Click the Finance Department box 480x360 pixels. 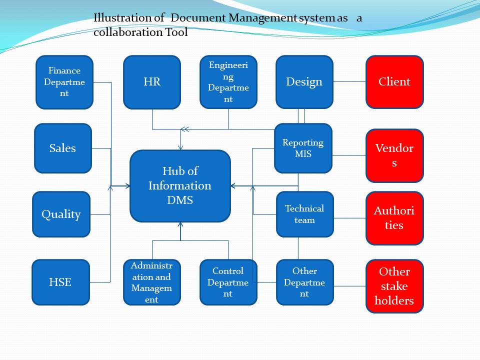[x=64, y=82]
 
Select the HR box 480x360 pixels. [x=152, y=82]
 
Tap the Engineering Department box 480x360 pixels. [x=228, y=82]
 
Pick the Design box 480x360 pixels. [x=304, y=82]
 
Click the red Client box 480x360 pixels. [x=394, y=81]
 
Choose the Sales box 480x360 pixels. [x=63, y=148]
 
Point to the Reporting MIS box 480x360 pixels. [x=303, y=148]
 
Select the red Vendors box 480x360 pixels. [x=394, y=155]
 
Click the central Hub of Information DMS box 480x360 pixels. [x=180, y=186]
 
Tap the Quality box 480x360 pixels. [x=61, y=214]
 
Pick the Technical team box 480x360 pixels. [x=305, y=214]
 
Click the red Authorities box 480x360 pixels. [x=394, y=218]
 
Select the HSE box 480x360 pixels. [x=61, y=282]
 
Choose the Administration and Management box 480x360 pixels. [x=152, y=282]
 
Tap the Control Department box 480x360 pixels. [x=228, y=282]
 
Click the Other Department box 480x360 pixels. [x=305, y=282]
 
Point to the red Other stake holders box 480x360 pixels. [x=394, y=286]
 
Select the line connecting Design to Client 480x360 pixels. [x=349, y=81]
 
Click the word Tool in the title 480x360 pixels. [x=176, y=32]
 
